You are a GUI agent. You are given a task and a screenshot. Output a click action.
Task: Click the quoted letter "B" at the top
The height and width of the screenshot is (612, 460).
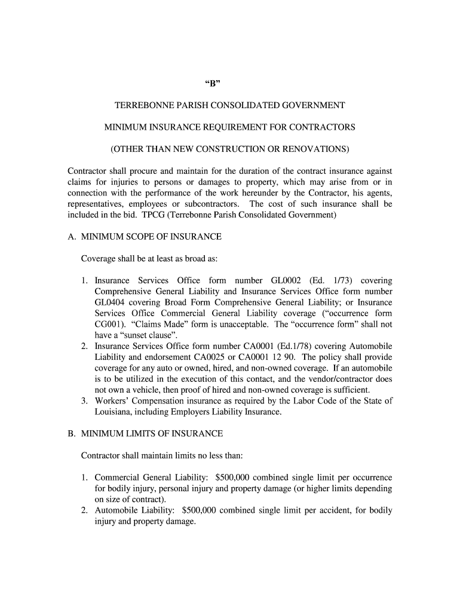[x=229, y=82]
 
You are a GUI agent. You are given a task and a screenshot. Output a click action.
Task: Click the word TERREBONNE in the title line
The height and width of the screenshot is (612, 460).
[x=144, y=105]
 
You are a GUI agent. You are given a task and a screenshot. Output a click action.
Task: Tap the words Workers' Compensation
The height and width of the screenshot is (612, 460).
[x=137, y=401]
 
